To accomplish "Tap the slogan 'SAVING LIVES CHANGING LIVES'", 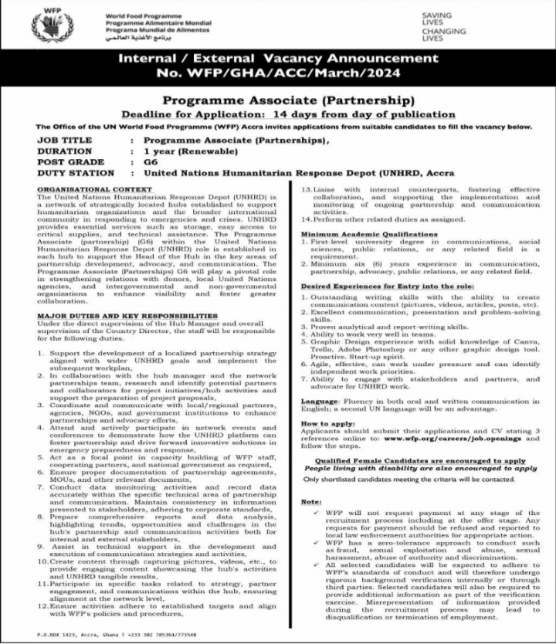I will click(x=444, y=26).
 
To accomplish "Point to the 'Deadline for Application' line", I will click(x=286, y=114).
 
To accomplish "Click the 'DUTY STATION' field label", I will click(x=75, y=173).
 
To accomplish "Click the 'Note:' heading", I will click(x=313, y=502).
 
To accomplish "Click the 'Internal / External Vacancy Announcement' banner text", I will click(x=277, y=58).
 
